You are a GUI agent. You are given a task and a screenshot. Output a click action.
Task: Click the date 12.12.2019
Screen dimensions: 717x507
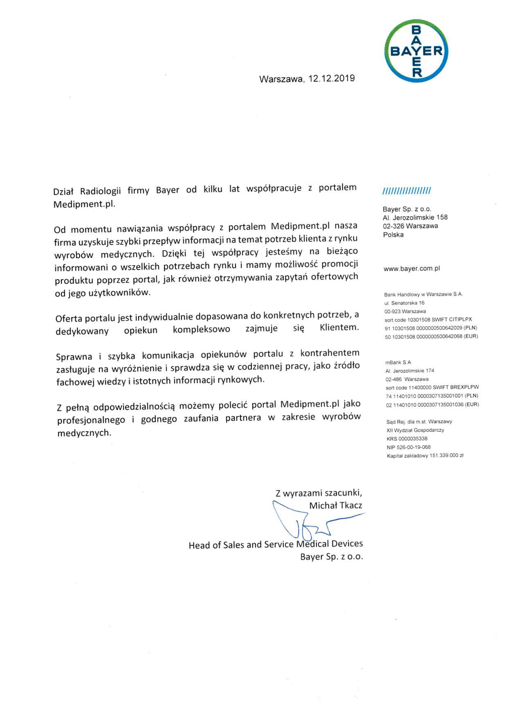pos(332,78)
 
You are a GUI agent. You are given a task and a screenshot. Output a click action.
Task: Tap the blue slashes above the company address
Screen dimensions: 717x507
pos(407,191)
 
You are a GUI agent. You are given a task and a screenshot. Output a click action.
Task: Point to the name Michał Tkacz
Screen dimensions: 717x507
pos(336,505)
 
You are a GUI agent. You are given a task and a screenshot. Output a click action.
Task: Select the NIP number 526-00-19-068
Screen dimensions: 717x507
pos(415,447)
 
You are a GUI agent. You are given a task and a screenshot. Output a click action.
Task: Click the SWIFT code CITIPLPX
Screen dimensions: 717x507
pos(458,319)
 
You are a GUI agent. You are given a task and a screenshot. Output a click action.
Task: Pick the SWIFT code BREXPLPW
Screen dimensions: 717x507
pos(464,387)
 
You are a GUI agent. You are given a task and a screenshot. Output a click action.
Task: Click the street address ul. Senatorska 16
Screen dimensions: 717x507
pos(404,303)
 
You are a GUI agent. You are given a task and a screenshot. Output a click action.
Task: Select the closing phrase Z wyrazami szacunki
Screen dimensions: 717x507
pos(319,493)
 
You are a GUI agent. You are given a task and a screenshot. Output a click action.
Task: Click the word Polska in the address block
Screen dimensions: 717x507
pos(393,235)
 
